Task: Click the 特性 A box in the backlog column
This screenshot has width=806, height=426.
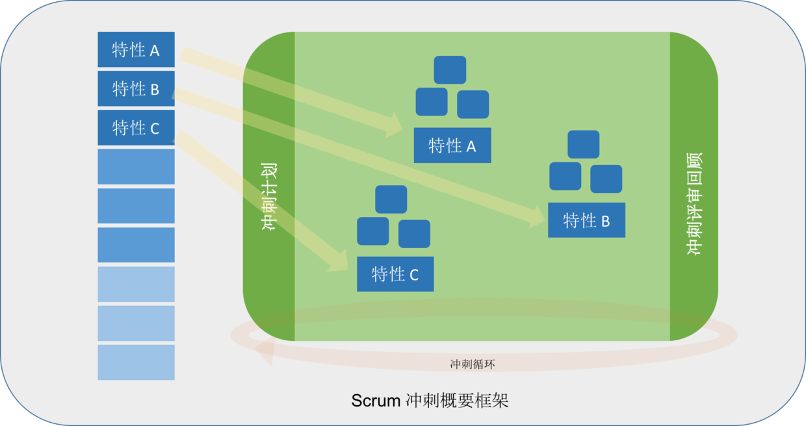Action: pos(136,49)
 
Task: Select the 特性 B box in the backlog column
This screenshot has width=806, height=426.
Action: pos(136,88)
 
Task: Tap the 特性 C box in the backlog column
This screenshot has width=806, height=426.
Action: pos(136,127)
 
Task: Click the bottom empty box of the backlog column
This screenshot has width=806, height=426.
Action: pos(136,362)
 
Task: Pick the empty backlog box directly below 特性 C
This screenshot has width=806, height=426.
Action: pos(136,166)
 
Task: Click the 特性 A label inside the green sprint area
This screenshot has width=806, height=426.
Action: pos(452,145)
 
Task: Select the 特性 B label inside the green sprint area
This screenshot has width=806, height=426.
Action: pos(586,220)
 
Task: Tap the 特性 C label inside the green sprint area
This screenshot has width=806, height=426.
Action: pos(395,274)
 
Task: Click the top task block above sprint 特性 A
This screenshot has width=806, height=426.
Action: pos(450,69)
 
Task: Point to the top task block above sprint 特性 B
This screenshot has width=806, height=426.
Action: pos(583,144)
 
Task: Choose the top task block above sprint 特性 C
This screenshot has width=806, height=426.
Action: pos(391,199)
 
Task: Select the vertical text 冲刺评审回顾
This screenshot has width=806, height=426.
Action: pos(694,204)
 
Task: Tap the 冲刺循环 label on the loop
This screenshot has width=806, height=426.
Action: pos(473,364)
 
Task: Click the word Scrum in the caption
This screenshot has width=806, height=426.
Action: pos(376,401)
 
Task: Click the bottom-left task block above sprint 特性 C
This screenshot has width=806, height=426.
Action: pos(373,231)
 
